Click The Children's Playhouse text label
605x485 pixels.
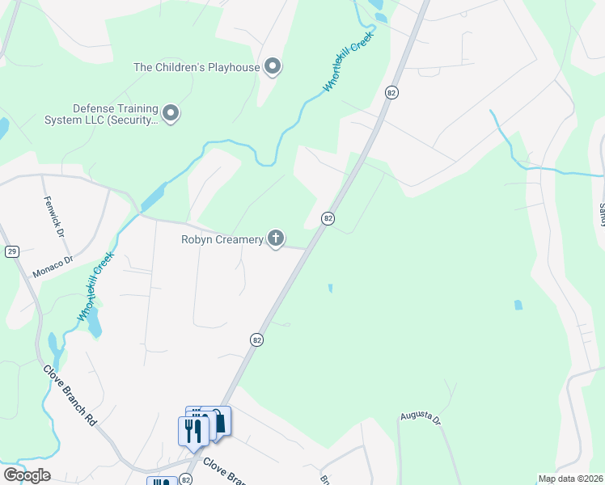[x=197, y=67]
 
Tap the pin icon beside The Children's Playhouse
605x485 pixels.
[x=273, y=66]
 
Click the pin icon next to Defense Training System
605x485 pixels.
[x=171, y=115]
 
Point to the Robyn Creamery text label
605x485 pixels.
[x=222, y=239]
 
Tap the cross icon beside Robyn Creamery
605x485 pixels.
[x=276, y=238]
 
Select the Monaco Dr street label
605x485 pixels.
[x=53, y=268]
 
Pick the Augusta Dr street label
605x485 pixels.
[x=420, y=418]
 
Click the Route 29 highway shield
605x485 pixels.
[x=11, y=252]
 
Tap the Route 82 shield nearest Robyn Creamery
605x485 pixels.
[x=328, y=218]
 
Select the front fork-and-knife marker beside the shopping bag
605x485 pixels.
[x=192, y=430]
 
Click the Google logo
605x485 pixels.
[x=27, y=475]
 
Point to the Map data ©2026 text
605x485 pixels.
[x=570, y=479]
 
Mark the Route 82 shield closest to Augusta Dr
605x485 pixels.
[x=256, y=340]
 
